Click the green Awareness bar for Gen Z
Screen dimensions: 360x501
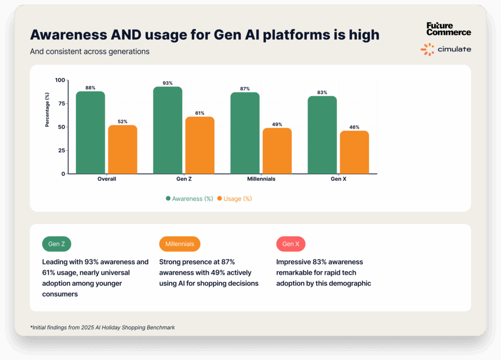[x=167, y=130]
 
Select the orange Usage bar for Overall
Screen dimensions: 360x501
[x=122, y=149]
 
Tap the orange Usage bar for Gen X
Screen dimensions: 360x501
[x=354, y=152]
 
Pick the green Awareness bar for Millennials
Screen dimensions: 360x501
[x=245, y=133]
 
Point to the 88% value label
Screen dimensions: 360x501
[x=90, y=88]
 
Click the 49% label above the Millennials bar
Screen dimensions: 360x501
[x=277, y=124]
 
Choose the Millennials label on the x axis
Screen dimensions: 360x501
[x=261, y=179]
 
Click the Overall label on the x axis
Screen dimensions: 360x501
[x=107, y=179]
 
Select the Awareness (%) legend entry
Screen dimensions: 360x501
[x=189, y=199]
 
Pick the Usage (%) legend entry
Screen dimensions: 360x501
[x=234, y=199]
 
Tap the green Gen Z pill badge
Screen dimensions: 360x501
[x=57, y=244]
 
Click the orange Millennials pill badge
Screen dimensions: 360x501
[x=180, y=244]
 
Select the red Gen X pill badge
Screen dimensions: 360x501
[x=291, y=244]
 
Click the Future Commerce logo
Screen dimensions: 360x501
[x=448, y=29]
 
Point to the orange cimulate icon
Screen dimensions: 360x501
[x=427, y=49]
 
